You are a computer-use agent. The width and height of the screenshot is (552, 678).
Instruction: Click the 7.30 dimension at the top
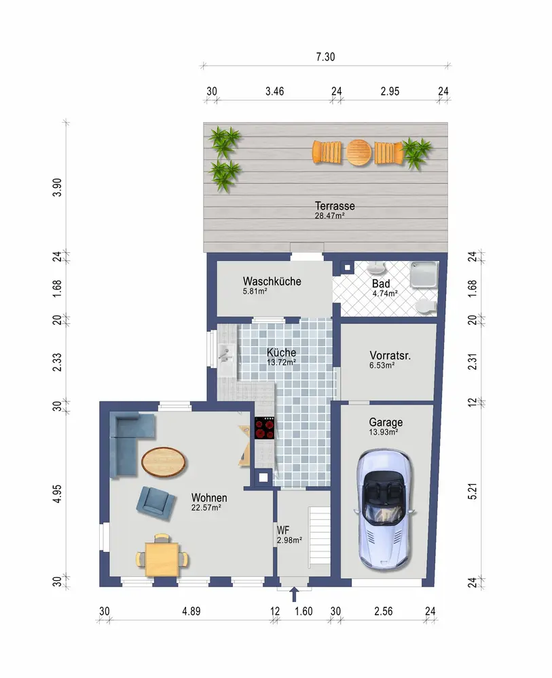[326, 57]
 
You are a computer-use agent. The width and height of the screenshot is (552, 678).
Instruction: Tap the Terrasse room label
[335, 206]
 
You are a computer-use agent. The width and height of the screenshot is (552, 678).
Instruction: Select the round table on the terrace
[359, 152]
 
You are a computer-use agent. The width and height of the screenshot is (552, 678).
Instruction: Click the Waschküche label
[272, 281]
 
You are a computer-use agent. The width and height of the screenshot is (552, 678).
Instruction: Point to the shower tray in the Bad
[424, 274]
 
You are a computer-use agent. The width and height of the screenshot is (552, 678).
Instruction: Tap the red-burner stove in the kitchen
[265, 428]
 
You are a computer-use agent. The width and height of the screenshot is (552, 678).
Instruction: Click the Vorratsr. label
[390, 355]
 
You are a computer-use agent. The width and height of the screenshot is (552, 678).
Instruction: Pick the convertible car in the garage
[384, 509]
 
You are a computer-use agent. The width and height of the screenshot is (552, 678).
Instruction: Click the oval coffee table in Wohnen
[164, 462]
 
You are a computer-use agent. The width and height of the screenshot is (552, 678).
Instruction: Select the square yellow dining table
[162, 559]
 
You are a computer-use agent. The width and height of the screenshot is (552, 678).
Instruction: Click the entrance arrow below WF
[295, 594]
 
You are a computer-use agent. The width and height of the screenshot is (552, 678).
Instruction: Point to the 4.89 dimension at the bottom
[191, 611]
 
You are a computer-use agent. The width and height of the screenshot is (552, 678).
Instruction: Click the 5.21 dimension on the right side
[473, 491]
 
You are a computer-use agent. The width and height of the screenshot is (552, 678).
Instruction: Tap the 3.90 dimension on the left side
[57, 187]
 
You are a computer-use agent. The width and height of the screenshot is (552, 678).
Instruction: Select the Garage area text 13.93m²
[384, 432]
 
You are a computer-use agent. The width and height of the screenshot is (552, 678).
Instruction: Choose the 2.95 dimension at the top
[390, 92]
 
